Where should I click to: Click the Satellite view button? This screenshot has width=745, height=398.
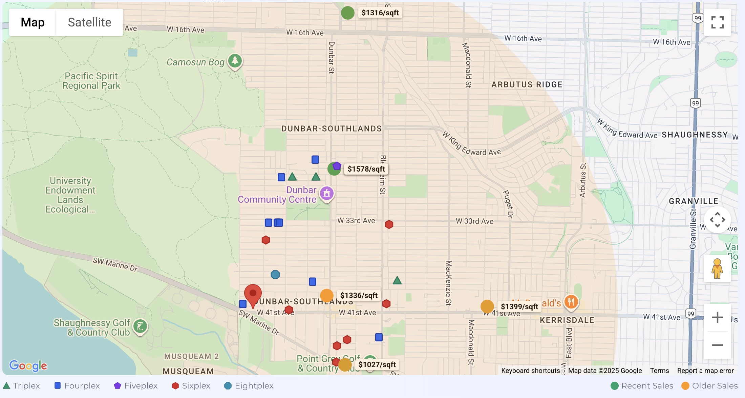89,22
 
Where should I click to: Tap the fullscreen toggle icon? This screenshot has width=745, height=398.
717,22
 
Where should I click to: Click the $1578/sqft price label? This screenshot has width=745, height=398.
366,169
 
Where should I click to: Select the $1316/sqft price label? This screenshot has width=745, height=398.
380,13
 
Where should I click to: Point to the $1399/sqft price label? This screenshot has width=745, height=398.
519,306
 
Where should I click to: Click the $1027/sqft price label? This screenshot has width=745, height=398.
377,364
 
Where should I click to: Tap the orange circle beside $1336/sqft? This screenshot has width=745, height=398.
327,296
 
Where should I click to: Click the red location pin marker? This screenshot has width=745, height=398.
253,294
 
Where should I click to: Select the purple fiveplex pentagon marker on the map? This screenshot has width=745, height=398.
337,166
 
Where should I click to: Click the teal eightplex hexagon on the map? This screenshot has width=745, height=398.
275,275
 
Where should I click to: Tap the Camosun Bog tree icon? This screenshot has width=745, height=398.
235,61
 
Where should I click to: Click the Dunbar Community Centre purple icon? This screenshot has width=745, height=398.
326,193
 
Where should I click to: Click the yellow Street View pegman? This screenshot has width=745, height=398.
717,268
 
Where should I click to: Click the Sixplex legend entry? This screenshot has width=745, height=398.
191,386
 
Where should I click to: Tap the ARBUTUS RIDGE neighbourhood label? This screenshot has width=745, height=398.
527,85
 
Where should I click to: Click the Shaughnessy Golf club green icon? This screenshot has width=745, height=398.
140,326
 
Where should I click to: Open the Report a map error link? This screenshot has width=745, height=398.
705,371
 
